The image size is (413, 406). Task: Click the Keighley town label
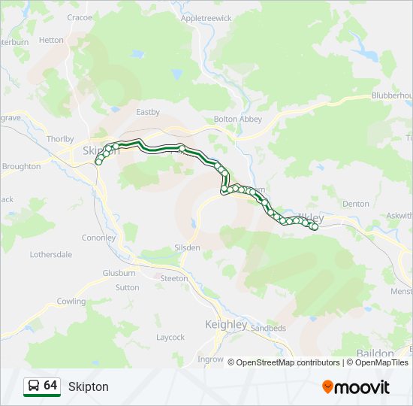(226, 324)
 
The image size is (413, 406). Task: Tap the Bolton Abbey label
(236, 119)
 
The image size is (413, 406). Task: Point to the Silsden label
(188, 247)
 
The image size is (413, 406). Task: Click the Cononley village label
(99, 238)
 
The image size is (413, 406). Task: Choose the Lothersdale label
(51, 254)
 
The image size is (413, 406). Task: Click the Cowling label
(71, 301)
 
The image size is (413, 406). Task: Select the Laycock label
(170, 337)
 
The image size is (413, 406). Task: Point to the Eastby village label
(148, 112)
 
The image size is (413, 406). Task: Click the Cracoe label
(79, 17)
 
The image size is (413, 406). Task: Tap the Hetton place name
(51, 40)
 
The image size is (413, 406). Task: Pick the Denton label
(355, 204)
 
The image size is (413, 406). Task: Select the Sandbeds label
(269, 329)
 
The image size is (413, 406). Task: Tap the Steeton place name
(174, 278)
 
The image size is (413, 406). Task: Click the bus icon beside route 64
(34, 386)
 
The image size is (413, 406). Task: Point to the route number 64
(50, 386)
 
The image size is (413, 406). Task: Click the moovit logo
(356, 386)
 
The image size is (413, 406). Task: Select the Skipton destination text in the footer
(89, 386)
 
